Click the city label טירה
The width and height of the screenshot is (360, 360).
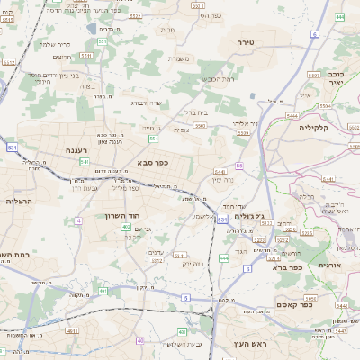247,42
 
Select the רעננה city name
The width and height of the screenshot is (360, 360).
71,150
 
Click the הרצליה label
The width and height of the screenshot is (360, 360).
19,201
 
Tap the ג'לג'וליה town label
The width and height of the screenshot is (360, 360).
248,216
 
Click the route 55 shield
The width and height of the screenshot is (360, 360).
239,166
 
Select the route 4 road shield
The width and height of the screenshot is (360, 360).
78,220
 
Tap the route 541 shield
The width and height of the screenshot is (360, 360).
84,161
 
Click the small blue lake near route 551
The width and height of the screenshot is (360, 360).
93,28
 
